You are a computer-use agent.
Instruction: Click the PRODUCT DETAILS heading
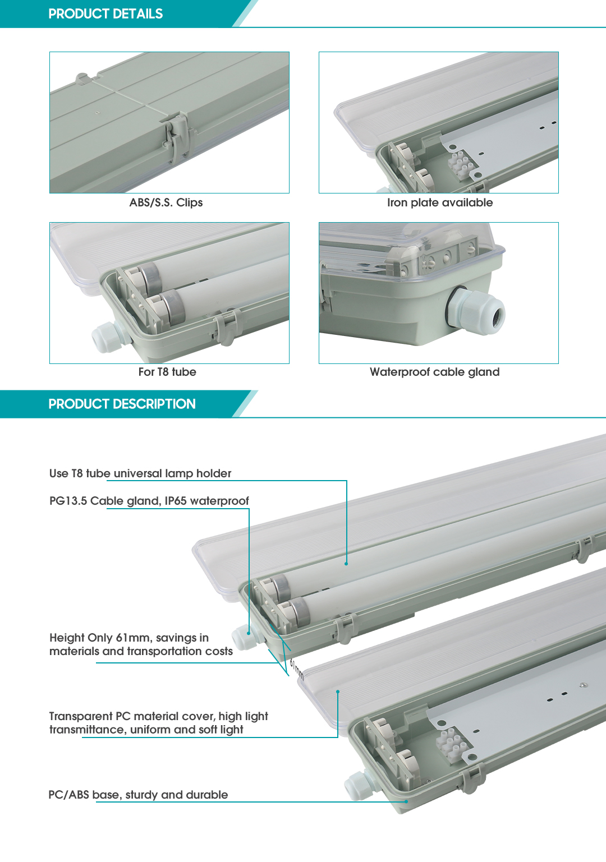105,14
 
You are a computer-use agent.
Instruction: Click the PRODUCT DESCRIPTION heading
122,404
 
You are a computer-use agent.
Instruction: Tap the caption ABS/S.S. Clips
166,202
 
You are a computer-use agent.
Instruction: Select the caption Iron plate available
440,202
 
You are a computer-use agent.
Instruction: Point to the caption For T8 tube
167,372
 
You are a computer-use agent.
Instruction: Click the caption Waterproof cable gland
434,372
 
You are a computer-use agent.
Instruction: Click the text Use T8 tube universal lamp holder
140,473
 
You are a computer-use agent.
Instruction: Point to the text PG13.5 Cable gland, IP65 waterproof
149,501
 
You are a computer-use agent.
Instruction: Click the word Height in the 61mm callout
66,638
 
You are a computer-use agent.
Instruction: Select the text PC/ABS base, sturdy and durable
138,795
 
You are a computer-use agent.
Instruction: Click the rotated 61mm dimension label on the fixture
296,669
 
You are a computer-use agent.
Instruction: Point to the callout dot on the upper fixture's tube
346,563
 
